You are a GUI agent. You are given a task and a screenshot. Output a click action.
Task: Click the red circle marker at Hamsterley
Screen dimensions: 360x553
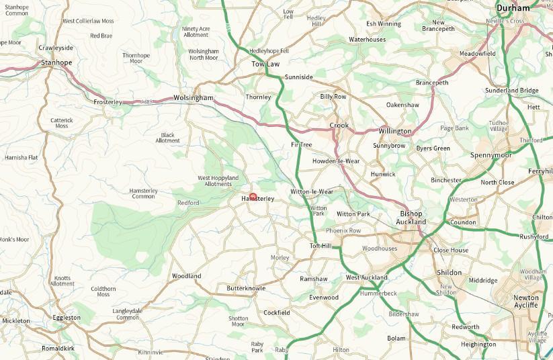pyautogui.click(x=253, y=197)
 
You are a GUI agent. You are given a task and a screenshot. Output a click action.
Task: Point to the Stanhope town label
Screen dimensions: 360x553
pyautogui.click(x=56, y=63)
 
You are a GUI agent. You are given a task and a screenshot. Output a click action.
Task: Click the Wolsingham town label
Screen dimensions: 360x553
pyautogui.click(x=193, y=98)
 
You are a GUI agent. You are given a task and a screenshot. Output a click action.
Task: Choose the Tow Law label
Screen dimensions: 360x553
pyautogui.click(x=265, y=64)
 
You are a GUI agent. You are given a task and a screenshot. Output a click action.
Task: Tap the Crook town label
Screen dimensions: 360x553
pyautogui.click(x=339, y=126)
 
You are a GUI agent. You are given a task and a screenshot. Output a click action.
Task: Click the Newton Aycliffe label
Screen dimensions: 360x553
pyautogui.click(x=526, y=301)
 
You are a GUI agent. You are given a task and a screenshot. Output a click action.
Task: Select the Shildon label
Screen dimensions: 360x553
pyautogui.click(x=450, y=273)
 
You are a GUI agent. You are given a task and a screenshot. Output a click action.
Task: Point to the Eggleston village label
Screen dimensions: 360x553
pyautogui.click(x=67, y=317)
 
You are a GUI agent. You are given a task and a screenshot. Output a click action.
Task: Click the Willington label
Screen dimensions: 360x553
pyautogui.click(x=394, y=131)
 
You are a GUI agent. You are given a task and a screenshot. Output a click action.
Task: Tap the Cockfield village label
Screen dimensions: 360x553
pyautogui.click(x=277, y=313)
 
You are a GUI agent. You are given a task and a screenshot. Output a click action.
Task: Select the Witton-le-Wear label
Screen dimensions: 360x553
pyautogui.click(x=312, y=192)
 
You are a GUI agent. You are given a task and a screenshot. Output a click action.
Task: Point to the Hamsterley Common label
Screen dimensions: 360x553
pyautogui.click(x=143, y=193)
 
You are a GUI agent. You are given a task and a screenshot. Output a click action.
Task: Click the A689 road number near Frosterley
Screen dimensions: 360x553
pyautogui.click(x=147, y=102)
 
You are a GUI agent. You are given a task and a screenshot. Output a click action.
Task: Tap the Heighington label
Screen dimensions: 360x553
pyautogui.click(x=478, y=344)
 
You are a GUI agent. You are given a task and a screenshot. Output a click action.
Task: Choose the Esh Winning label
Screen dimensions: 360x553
pyautogui.click(x=383, y=24)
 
